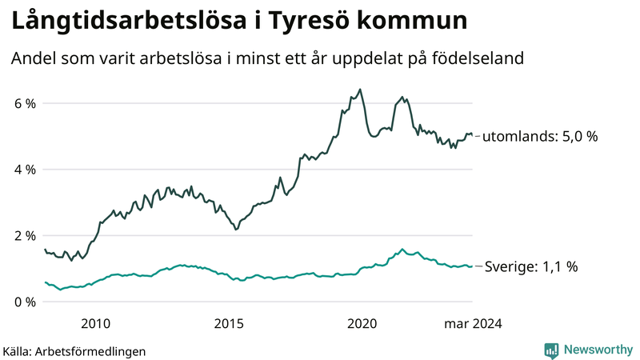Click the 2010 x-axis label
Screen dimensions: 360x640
(96, 323)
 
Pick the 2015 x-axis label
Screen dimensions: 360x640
(230, 323)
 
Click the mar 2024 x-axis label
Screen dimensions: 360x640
(474, 323)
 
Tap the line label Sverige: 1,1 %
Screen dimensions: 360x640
(530, 267)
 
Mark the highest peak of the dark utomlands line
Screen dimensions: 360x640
(360, 90)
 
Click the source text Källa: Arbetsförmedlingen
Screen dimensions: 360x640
(74, 350)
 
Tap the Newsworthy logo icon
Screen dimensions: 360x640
(552, 350)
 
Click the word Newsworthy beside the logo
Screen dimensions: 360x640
(598, 350)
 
